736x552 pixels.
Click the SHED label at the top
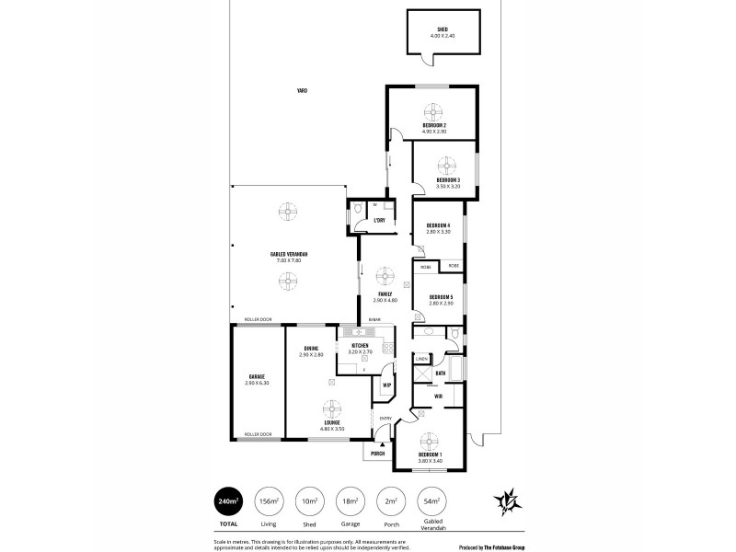(x=443, y=29)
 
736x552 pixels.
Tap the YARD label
(x=302, y=90)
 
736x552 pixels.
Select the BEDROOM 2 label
(x=434, y=125)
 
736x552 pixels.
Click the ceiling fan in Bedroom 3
(x=447, y=164)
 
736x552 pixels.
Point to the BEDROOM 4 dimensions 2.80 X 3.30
(x=437, y=232)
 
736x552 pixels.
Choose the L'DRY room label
(x=379, y=222)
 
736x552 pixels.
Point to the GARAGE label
(x=256, y=376)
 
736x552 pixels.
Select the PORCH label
(x=377, y=454)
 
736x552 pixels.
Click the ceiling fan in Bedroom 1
(x=431, y=441)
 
